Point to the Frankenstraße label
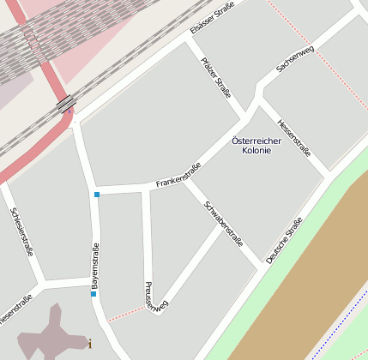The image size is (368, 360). click(178, 175)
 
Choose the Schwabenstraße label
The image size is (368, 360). click(224, 223)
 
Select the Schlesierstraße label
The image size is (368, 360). click(21, 231)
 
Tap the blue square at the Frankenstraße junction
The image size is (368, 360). click(97, 195)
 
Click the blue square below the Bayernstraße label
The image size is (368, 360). click(94, 294)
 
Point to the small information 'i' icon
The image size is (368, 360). click(90, 345)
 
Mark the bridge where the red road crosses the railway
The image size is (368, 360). click(66, 104)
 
